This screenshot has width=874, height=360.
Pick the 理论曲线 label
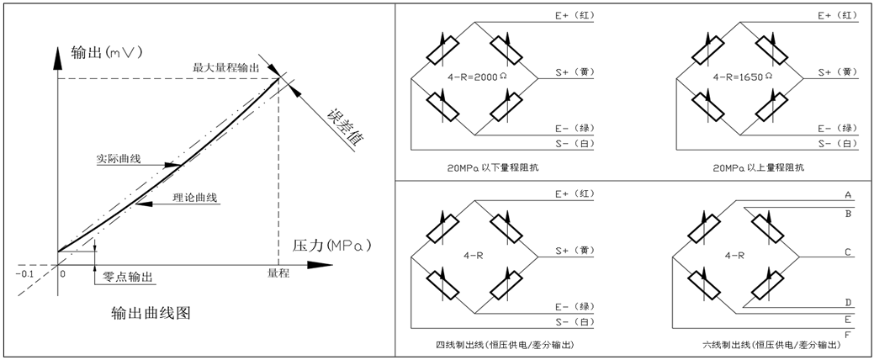pos(195,198)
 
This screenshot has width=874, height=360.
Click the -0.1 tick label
pos(25,274)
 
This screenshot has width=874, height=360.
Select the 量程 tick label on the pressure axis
pos(278,273)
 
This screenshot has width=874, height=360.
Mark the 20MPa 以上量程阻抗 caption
pos(758,168)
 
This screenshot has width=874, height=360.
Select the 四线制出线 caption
pos(498,346)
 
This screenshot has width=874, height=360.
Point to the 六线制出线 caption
pos(764,346)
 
